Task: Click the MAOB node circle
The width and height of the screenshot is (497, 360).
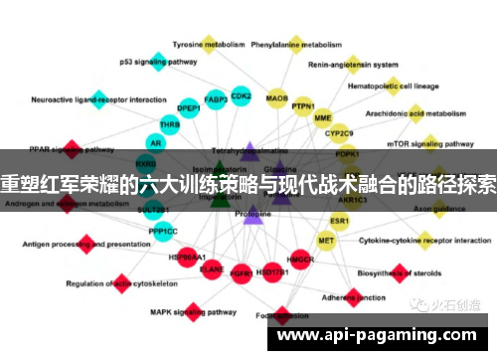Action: click(276, 99)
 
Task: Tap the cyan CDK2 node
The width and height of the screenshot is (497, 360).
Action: click(241, 96)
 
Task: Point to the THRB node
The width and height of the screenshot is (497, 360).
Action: click(170, 125)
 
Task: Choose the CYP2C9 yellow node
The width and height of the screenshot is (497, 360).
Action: click(340, 132)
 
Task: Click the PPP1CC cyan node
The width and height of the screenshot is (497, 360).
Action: click(164, 232)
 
